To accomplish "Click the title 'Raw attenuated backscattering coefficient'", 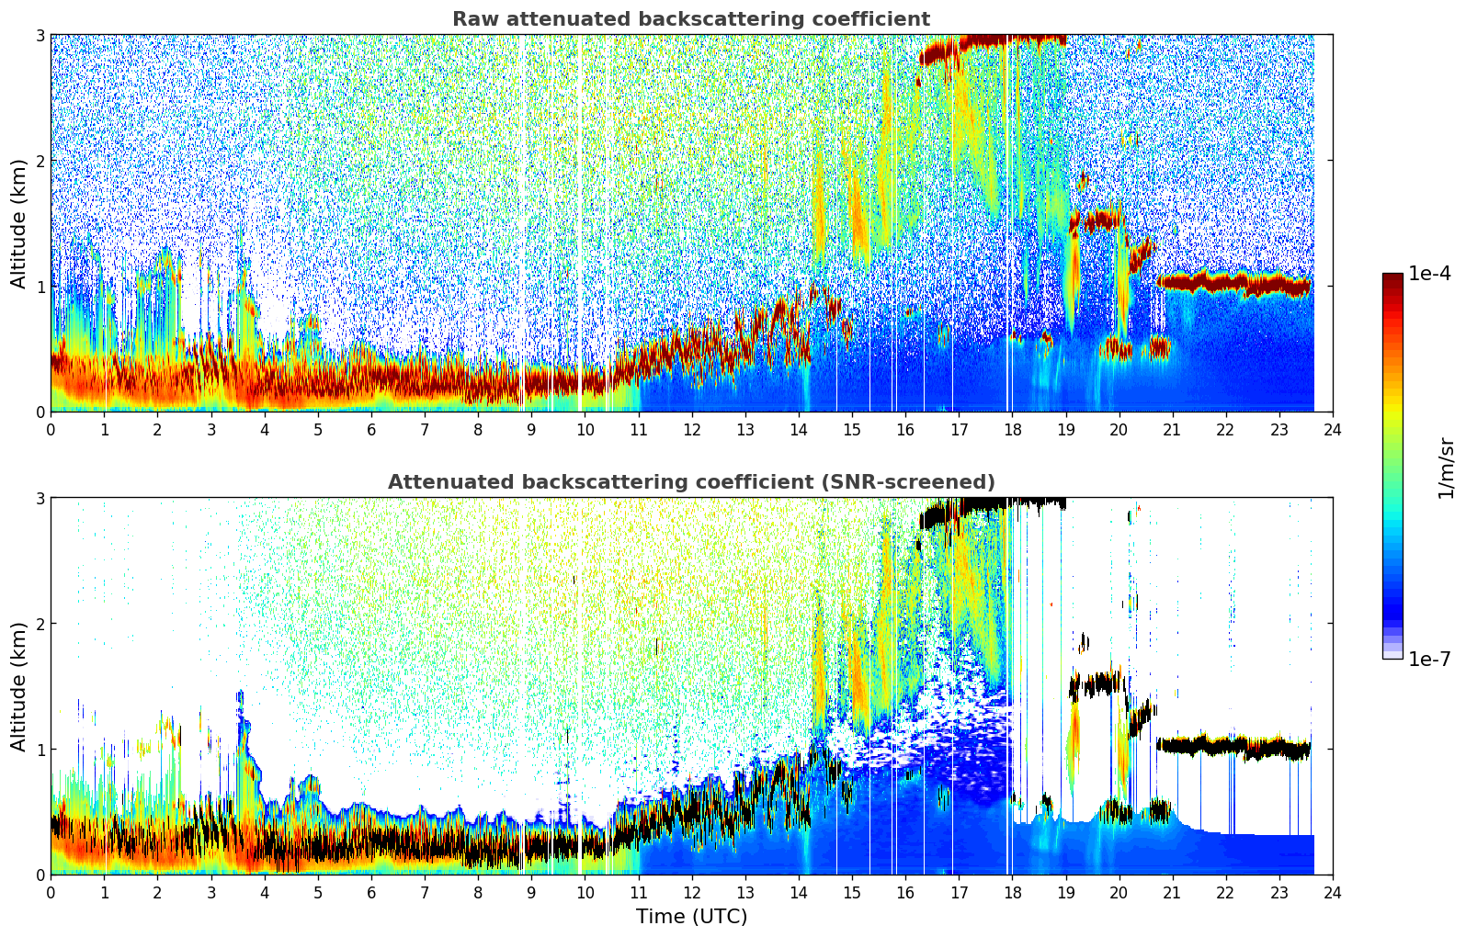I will pos(690,19).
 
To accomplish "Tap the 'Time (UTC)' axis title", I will pos(691,917).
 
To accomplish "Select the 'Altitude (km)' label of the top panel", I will pos(18,223).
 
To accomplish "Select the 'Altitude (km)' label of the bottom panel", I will pos(18,686).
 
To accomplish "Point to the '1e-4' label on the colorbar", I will pos(1429,274).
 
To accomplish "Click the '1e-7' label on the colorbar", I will pos(1429,659).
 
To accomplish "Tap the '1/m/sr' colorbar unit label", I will pos(1446,468).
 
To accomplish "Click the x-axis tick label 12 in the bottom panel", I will pos(691,893).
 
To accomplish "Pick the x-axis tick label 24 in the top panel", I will pos(1333,430).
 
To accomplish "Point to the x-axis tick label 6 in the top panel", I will pos(371,430).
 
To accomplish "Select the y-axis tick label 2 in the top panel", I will pos(40,161).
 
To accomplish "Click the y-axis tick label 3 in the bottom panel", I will pos(40,498).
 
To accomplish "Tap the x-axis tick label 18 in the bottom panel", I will pos(1012,893).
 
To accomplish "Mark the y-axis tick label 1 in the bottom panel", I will pos(40,750).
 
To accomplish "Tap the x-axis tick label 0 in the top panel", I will pos(51,430).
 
